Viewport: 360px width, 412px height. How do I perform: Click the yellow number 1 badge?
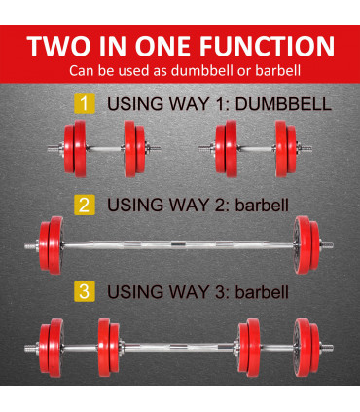[85, 102]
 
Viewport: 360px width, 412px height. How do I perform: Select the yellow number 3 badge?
[85, 290]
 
